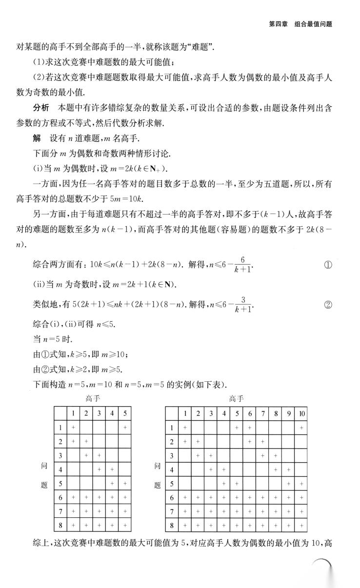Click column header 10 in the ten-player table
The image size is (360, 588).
click(x=302, y=414)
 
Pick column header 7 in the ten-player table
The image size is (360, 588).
click(x=262, y=414)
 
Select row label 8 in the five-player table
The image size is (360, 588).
click(x=60, y=526)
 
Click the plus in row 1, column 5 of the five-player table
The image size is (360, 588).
click(x=125, y=428)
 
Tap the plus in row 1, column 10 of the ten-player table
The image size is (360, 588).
click(x=302, y=428)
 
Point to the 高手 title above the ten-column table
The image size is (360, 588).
click(x=237, y=399)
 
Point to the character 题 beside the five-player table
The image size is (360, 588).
click(x=43, y=485)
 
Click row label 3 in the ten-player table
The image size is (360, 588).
click(x=171, y=456)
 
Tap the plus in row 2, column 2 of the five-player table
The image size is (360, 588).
click(x=86, y=442)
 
